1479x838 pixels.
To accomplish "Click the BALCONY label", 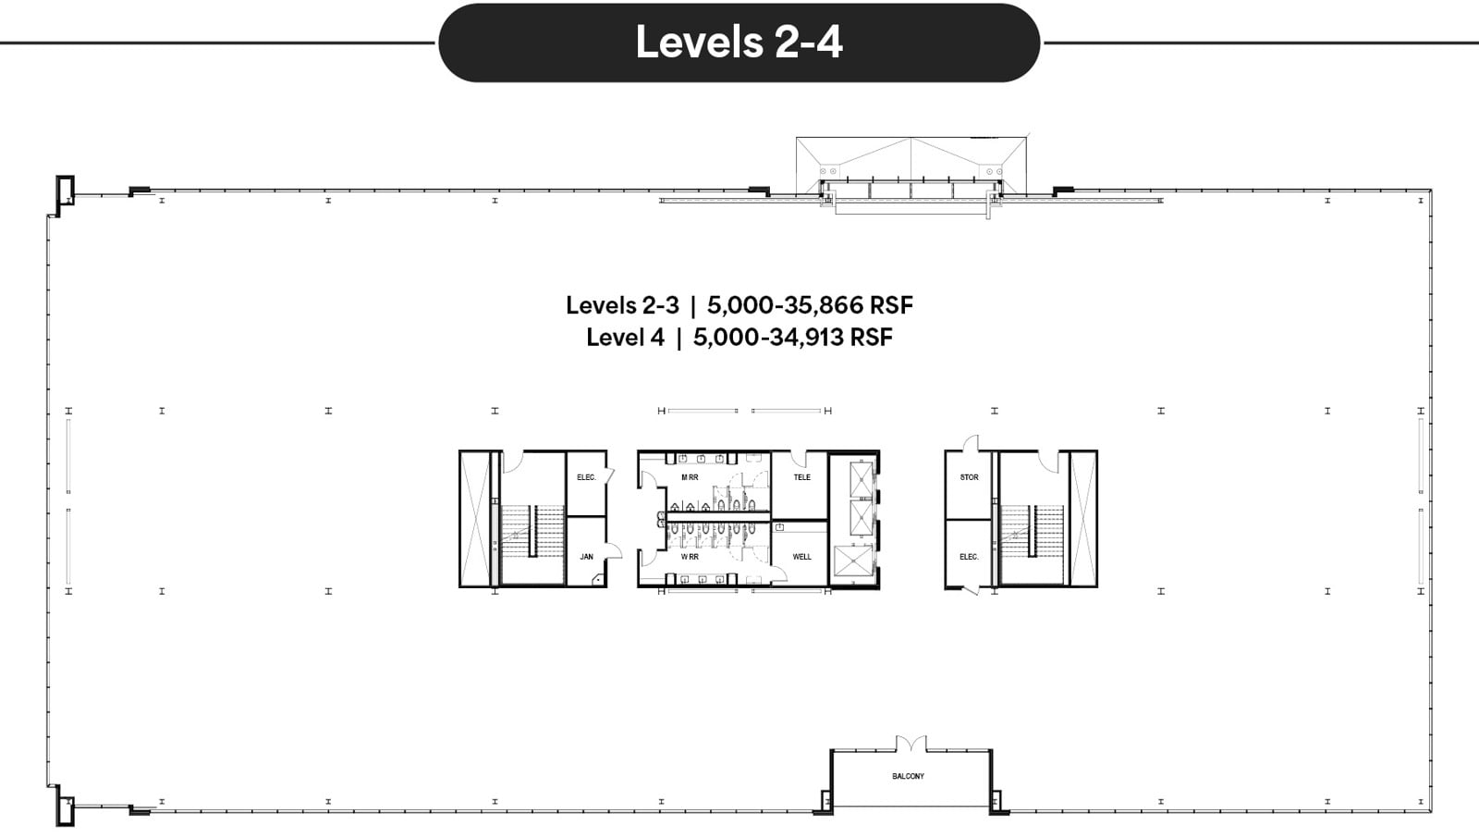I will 908,776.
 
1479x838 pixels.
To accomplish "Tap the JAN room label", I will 586,557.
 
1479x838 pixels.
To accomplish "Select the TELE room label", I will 801,477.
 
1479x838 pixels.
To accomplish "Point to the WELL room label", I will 801,557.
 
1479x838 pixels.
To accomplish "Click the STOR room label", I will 969,477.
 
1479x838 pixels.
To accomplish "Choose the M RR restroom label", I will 690,477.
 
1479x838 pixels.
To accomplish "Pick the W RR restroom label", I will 690,557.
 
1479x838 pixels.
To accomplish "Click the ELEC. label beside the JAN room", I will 586,477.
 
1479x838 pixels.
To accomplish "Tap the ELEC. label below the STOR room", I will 969,557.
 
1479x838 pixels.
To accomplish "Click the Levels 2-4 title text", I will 739,42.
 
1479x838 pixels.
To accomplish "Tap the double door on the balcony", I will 911,743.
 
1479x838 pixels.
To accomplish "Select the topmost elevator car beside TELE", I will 861,477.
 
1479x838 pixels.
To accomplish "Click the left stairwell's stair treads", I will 545,531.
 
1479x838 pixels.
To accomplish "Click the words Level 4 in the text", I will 625,338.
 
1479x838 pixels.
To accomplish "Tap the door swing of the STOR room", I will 970,445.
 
